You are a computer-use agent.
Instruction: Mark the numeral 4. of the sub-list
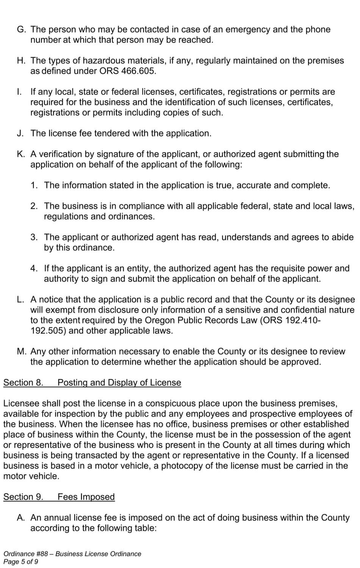click(34, 268)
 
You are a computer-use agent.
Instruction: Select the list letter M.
click(21, 351)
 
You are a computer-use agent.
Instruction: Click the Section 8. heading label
click(23, 382)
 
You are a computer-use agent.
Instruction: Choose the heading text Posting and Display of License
click(119, 382)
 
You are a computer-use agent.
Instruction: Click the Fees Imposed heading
click(86, 497)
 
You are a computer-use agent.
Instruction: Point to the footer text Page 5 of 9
click(21, 562)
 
